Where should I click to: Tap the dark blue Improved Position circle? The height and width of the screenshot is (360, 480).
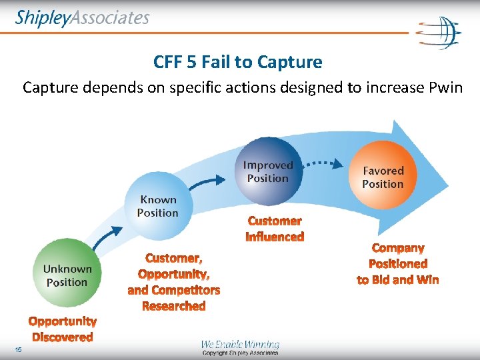tap(267, 171)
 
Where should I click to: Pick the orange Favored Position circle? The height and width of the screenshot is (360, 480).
tap(383, 177)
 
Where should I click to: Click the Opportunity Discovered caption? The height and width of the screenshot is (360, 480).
tap(63, 329)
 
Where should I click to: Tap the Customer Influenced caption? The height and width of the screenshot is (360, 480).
tap(275, 229)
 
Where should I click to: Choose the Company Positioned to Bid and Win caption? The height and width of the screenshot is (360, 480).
tap(398, 264)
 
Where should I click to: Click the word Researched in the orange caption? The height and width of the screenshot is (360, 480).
tap(174, 306)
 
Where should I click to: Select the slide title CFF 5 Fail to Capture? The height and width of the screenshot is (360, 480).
tap(237, 63)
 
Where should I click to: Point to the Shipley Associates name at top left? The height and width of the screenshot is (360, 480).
tap(83, 18)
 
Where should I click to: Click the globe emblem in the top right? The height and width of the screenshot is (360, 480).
tap(439, 32)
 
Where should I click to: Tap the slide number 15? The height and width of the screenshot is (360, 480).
tap(18, 350)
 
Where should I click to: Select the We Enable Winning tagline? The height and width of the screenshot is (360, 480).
tap(240, 344)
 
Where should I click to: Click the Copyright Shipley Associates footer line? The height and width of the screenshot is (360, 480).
tap(240, 353)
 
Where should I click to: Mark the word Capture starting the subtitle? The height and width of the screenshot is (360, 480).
tap(49, 87)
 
